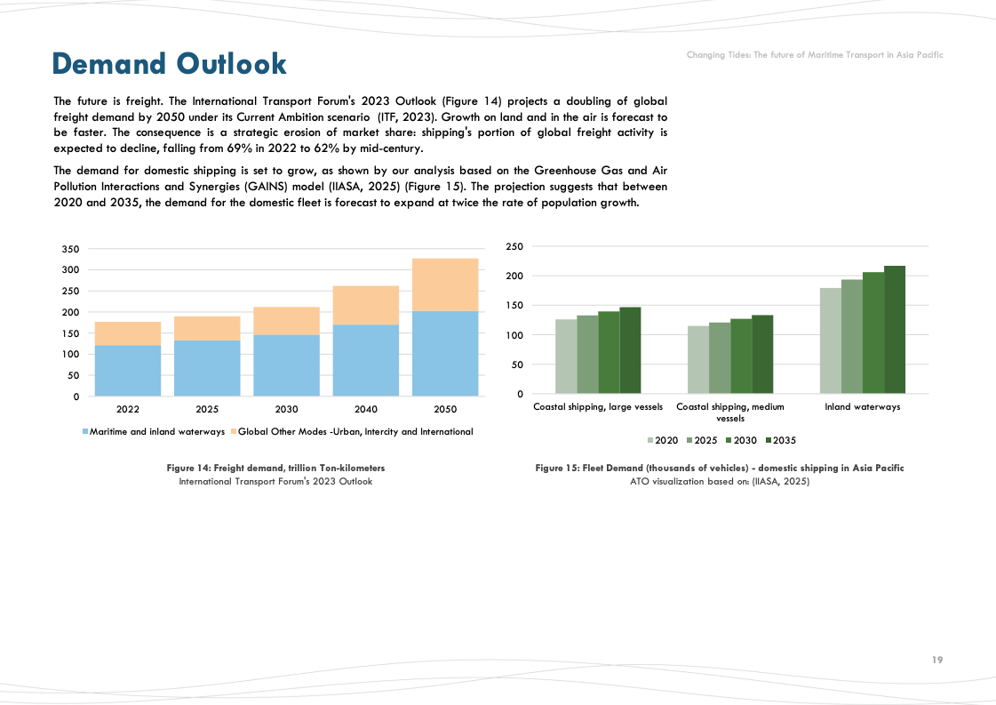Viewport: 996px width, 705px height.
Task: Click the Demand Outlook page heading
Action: pos(170,64)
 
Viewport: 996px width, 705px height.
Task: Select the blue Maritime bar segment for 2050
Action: pos(445,353)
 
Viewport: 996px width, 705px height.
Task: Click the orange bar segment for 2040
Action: pos(366,305)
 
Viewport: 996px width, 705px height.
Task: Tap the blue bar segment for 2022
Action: pos(128,370)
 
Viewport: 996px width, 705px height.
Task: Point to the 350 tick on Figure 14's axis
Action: pos(71,249)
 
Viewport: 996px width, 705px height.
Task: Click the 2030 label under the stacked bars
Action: pos(286,410)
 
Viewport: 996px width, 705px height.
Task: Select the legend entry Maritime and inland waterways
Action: pos(154,432)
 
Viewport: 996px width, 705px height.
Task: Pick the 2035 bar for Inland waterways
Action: pos(894,330)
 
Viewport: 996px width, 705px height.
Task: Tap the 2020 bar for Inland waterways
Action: pos(830,341)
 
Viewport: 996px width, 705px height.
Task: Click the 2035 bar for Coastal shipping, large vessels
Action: pos(630,350)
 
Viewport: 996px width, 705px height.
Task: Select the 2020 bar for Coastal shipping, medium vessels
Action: pos(698,360)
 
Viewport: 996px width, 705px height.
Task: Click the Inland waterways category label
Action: pos(862,407)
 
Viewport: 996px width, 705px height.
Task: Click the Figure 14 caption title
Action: pos(275,468)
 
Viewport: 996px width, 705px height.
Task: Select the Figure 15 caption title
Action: pos(719,468)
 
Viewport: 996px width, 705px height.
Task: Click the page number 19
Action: pos(937,660)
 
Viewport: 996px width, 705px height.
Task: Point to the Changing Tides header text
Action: pos(814,55)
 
